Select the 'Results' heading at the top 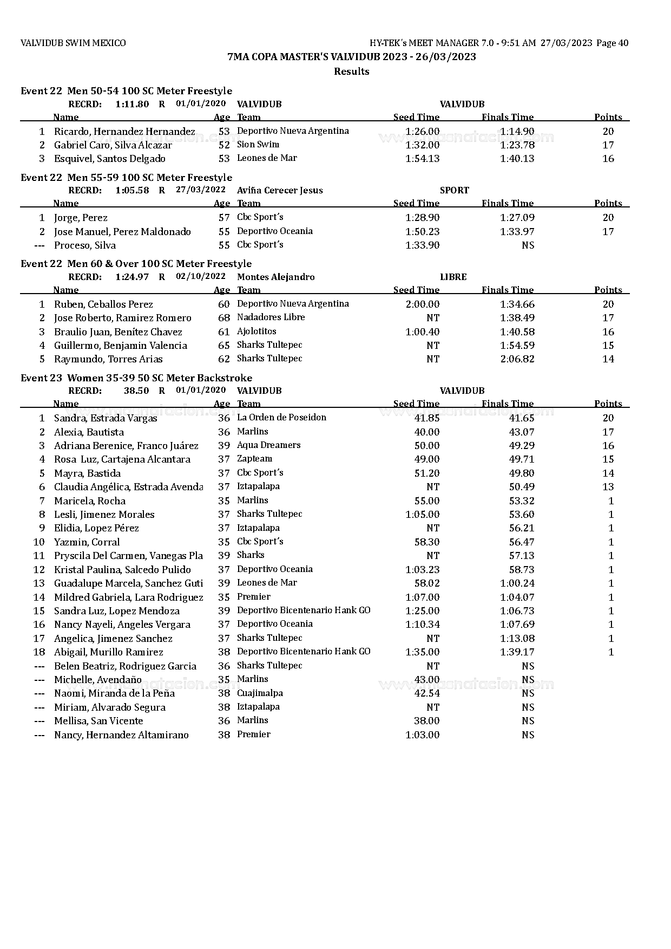point(351,71)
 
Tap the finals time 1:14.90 point(517,131)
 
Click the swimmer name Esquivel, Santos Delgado point(110,159)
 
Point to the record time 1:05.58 point(132,190)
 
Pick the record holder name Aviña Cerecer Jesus point(280,190)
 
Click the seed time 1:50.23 point(422,231)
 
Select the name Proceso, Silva point(85,245)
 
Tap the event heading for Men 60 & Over point(136,264)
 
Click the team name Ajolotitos point(256,331)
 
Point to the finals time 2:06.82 point(517,359)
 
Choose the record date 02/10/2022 point(201,276)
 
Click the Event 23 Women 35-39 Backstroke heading point(136,378)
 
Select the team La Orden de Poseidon point(281,418)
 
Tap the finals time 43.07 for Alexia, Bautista point(522,432)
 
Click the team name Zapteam point(254,459)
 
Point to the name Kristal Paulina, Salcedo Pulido point(122,570)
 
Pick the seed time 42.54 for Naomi point(426,693)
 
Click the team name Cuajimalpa point(260,693)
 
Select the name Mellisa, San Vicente point(98,721)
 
